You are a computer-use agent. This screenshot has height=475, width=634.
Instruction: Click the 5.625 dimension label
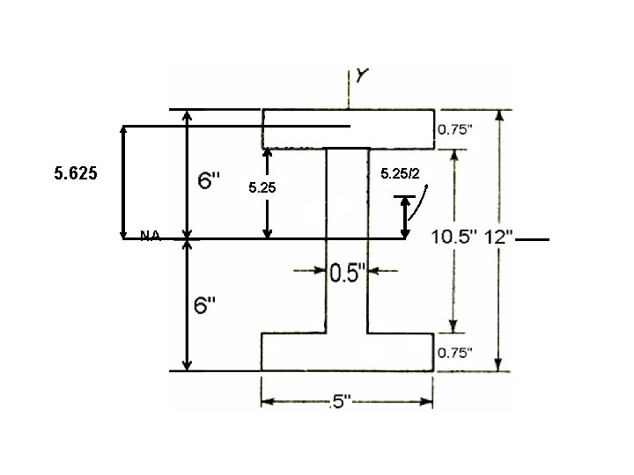pos(75,174)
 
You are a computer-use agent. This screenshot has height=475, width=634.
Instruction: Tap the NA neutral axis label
pos(150,236)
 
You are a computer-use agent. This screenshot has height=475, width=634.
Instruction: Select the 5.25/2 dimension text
pos(399,174)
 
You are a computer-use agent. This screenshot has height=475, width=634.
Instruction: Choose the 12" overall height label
pos(497,238)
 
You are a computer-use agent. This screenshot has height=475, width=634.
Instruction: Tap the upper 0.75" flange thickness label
pos(454,129)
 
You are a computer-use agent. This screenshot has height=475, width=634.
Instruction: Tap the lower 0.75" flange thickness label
pos(454,353)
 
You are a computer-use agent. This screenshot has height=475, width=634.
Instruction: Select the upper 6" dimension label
pos(209,181)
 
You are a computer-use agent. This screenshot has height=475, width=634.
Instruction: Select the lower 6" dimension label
pos(207,306)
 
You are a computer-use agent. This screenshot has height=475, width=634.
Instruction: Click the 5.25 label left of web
pos(262,187)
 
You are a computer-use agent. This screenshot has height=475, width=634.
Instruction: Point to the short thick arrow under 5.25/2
pos(405,217)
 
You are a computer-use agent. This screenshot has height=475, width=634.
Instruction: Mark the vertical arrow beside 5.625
pos(123,181)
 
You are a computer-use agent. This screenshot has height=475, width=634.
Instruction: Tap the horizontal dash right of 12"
pos(534,238)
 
